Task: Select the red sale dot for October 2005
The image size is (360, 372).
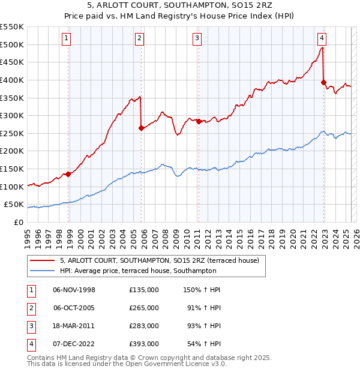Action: (141, 128)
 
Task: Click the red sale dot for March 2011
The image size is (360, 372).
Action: (199, 121)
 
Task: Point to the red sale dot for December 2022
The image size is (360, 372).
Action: (323, 82)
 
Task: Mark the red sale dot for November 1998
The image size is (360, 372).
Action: (68, 174)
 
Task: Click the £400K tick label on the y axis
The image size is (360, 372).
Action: (12, 80)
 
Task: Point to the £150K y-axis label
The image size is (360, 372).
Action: (12, 169)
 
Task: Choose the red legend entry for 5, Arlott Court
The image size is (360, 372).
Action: (159, 260)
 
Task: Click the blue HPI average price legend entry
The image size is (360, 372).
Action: (158, 271)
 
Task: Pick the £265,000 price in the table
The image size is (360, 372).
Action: (144, 307)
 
